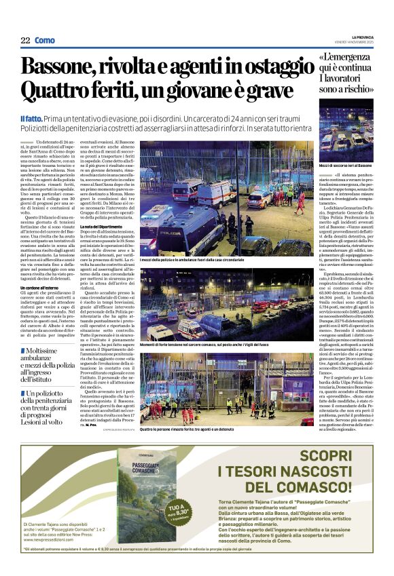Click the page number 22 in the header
pyautogui.click(x=24, y=40)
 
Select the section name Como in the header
pyautogui.click(x=45, y=40)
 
